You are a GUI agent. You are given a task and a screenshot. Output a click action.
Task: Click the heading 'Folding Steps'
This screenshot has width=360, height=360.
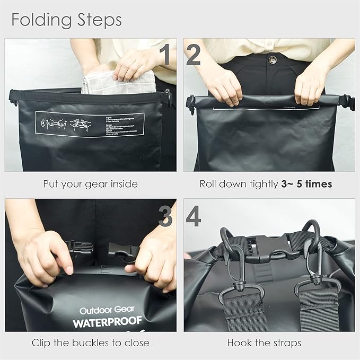pos(66,20)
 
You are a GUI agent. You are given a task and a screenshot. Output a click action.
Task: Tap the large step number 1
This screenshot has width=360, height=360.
pos(166,55)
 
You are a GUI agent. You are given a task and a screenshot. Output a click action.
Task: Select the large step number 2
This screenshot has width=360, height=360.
pos(194,55)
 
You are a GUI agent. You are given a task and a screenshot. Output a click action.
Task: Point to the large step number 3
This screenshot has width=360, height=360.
pos(166,216)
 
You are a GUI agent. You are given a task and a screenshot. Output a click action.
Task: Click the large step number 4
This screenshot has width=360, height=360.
pos(194,216)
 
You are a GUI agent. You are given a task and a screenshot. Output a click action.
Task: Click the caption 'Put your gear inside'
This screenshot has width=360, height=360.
pos(90,185)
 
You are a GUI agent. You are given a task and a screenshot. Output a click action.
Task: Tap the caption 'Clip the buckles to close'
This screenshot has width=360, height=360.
pos(90,343)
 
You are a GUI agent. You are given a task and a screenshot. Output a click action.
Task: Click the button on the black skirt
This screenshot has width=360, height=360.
pos(272,59)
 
